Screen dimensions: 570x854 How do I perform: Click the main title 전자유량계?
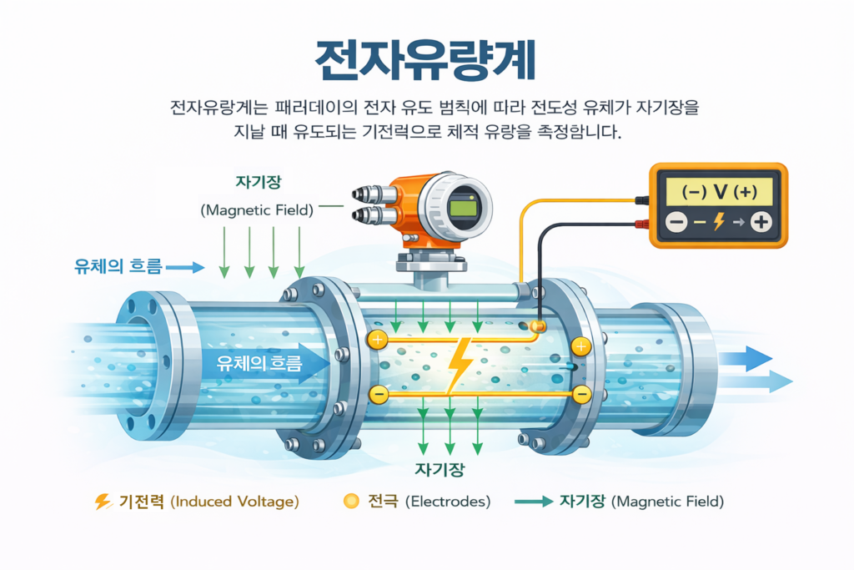(426, 61)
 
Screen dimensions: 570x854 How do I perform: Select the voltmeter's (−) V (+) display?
(718, 191)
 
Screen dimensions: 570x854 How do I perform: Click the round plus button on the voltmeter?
(760, 222)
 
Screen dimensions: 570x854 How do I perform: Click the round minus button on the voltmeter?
(676, 222)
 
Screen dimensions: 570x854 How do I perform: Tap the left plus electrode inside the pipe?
(378, 339)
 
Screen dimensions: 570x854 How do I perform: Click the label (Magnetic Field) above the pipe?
(257, 210)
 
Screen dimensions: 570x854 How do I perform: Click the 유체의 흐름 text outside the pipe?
(113, 267)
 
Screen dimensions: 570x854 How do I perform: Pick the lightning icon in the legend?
(103, 502)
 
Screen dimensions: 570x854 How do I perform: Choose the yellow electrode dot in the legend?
(351, 502)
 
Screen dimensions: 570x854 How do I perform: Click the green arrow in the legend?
(534, 502)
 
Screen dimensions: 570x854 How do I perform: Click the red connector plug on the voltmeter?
(642, 224)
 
